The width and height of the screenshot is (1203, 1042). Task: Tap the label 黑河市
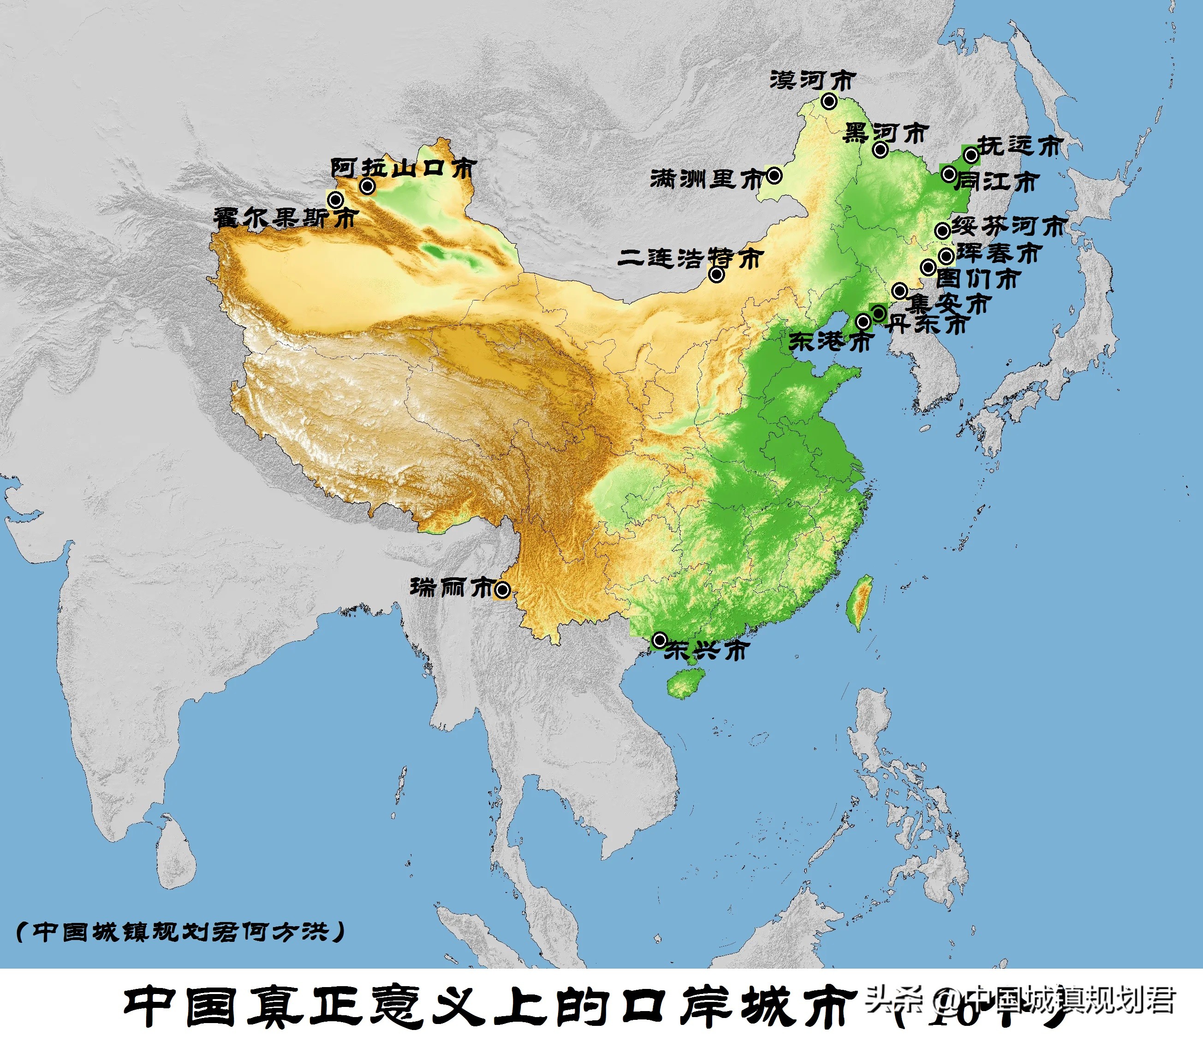(x=885, y=133)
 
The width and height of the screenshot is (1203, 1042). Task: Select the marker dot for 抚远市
(x=971, y=155)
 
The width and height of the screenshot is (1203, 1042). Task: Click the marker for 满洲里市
(x=774, y=175)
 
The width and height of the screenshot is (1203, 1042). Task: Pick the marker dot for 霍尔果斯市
(x=335, y=200)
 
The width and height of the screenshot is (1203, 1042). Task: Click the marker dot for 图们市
(x=928, y=268)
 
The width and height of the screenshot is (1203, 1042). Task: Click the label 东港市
(x=830, y=342)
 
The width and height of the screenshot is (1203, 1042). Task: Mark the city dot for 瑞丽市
(x=503, y=590)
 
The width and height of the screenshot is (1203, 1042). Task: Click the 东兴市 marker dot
(x=660, y=640)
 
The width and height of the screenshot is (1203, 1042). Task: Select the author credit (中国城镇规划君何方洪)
(x=180, y=932)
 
